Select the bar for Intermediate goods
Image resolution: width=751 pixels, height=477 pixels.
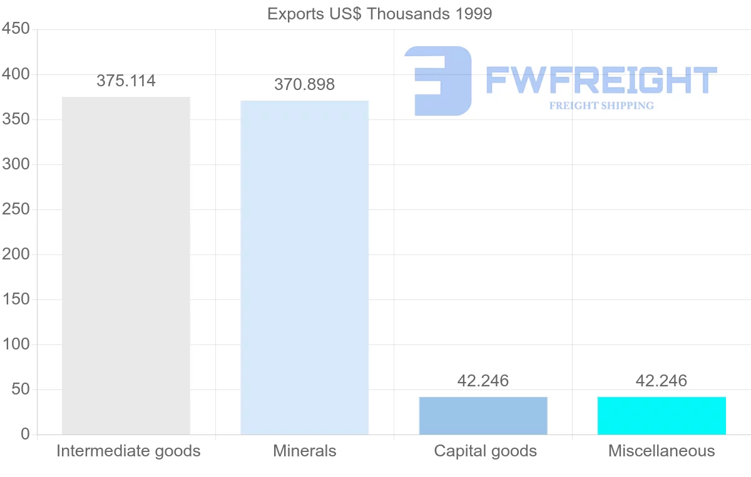[x=126, y=266]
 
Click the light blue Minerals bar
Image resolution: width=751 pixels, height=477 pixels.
[x=305, y=268]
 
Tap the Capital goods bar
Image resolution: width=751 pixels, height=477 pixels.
[x=483, y=416]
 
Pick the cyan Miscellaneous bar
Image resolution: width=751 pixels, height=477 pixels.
[x=662, y=416]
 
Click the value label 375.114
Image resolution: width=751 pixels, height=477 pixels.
[x=126, y=81]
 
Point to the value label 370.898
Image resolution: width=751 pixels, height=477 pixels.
[x=305, y=84]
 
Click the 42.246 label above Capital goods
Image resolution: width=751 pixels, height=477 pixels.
[x=483, y=381]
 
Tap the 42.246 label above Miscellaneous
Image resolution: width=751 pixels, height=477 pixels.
[x=662, y=381]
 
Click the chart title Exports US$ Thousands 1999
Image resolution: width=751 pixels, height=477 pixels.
[x=380, y=14]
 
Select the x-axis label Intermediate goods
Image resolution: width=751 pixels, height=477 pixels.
[x=128, y=451]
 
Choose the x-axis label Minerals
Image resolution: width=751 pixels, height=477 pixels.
[x=305, y=451]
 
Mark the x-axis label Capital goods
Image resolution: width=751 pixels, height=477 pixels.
[x=485, y=451]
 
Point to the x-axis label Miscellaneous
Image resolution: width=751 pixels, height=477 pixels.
[x=662, y=451]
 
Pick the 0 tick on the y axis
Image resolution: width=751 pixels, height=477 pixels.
[x=25, y=434]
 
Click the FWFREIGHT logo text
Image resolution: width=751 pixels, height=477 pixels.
[x=601, y=81]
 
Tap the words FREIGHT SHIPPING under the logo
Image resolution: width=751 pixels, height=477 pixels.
[x=601, y=106]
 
